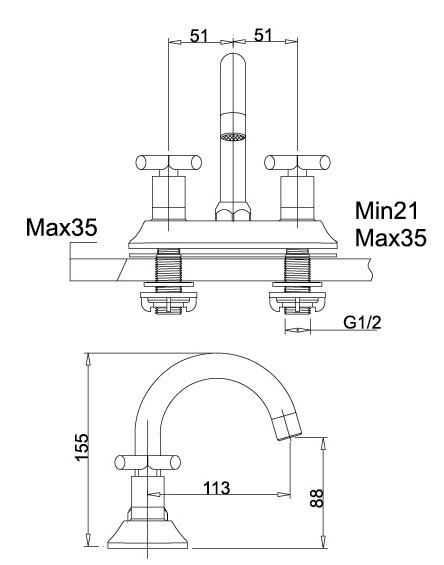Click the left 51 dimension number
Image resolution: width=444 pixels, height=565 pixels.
click(x=199, y=36)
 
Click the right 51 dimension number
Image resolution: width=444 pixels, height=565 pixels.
click(x=264, y=36)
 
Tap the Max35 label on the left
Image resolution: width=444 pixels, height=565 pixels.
click(x=62, y=229)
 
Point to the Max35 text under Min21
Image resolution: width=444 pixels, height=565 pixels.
click(x=391, y=239)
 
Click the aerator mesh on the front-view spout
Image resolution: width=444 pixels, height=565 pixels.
click(x=232, y=134)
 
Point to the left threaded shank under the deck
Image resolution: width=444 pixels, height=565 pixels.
click(x=168, y=271)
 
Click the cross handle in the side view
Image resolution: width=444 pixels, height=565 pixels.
click(x=148, y=462)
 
